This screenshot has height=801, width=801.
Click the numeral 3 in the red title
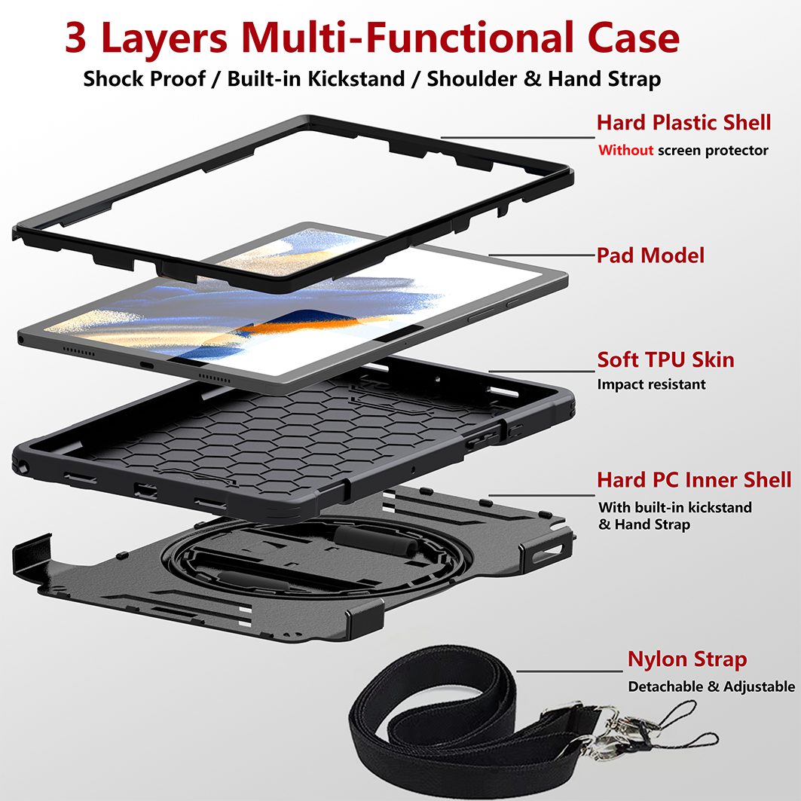coord(75,37)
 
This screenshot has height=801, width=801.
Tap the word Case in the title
coord(634,37)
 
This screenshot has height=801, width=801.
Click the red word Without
coord(625,150)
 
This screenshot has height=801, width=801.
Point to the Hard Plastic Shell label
coord(684,123)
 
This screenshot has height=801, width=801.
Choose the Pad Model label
coord(650,255)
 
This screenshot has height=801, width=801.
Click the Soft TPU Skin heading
coord(665,359)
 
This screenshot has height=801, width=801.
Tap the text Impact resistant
coord(651,384)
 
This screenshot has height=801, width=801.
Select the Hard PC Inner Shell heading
coord(694,480)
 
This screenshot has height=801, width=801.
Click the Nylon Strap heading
coord(687,659)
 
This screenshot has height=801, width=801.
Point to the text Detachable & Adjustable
coord(711,686)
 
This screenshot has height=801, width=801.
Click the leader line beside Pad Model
coord(542,255)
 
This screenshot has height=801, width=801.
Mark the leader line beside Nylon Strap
coord(570,671)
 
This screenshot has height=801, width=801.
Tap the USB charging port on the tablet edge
coord(147,365)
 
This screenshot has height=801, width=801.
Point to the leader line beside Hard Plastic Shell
coord(518,137)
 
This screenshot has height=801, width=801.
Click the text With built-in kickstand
coord(675,507)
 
